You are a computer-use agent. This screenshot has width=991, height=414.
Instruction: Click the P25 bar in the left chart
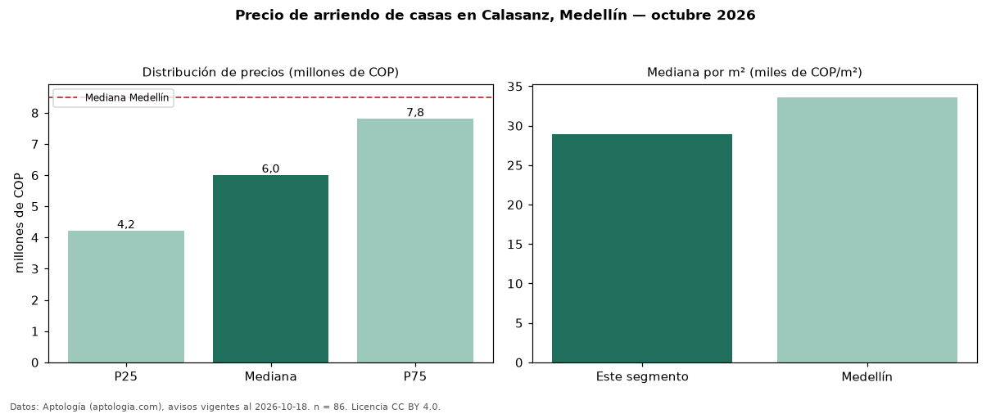126,296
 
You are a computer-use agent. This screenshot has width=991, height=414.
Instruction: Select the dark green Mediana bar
271,269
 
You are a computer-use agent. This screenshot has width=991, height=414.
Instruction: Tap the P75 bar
415,241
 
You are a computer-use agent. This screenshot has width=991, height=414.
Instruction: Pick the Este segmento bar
642,248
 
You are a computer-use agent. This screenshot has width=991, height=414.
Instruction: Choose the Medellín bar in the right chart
867,230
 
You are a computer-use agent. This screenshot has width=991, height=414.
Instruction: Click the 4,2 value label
125,224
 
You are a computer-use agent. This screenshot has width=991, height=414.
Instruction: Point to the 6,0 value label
270,169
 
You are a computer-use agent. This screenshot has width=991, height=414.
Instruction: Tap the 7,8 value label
415,113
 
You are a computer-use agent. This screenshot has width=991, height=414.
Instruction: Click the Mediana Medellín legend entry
126,97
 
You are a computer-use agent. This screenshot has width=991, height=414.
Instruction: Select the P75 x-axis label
415,376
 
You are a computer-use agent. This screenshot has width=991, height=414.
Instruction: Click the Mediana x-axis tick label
270,376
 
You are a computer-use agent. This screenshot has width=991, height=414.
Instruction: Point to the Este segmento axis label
642,376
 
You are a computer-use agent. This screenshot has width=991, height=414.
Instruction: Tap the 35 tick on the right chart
514,87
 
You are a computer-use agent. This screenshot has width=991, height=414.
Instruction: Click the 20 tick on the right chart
514,205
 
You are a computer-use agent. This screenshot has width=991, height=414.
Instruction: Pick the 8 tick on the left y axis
35,114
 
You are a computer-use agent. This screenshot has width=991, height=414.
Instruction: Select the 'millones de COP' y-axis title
19,223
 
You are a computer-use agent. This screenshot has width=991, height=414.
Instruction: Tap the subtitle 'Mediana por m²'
696,72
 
